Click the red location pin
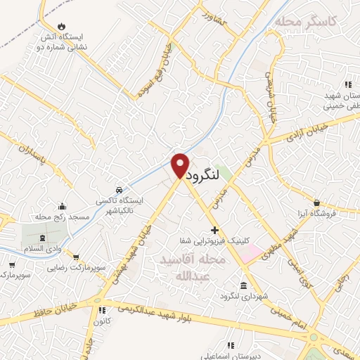pos(180,165)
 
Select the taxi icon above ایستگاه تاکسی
pos(119,190)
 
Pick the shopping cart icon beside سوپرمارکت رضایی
pos(76,257)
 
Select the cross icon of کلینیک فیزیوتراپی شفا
pos(214,231)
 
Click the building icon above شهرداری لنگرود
pos(243,285)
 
